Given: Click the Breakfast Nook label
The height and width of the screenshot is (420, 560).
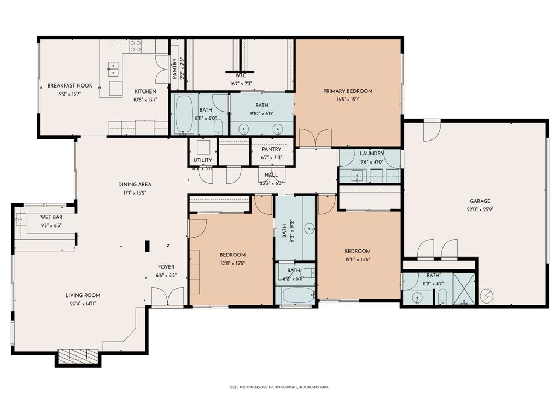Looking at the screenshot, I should tap(69, 86).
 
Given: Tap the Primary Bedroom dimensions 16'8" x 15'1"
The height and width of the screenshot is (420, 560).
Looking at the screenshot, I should tap(347, 100).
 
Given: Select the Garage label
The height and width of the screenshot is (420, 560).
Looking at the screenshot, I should tap(479, 201).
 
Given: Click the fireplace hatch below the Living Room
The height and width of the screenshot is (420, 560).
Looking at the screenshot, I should tap(79, 357).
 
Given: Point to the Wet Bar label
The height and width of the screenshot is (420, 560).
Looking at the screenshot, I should tap(51, 217).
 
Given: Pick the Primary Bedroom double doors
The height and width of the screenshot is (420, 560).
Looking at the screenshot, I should tap(316, 138).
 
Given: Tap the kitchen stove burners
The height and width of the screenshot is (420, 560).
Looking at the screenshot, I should tap(135, 46).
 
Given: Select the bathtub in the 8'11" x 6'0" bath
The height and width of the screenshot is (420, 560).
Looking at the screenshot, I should tap(184, 114).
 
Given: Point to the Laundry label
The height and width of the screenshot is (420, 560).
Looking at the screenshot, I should tap(372, 154).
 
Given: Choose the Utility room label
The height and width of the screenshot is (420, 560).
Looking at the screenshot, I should tap(203, 161).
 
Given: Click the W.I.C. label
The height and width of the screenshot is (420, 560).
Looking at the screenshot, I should tap(241, 75).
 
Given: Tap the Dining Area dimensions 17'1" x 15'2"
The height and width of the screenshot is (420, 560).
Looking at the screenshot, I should tap(135, 192).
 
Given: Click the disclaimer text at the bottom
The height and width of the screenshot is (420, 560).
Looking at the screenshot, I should tap(279, 387).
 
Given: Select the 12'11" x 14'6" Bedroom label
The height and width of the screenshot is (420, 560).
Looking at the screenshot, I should tap(358, 252).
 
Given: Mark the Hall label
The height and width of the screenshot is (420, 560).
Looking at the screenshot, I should tap(271, 175).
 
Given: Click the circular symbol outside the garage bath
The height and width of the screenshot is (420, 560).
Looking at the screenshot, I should tap(486, 296).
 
